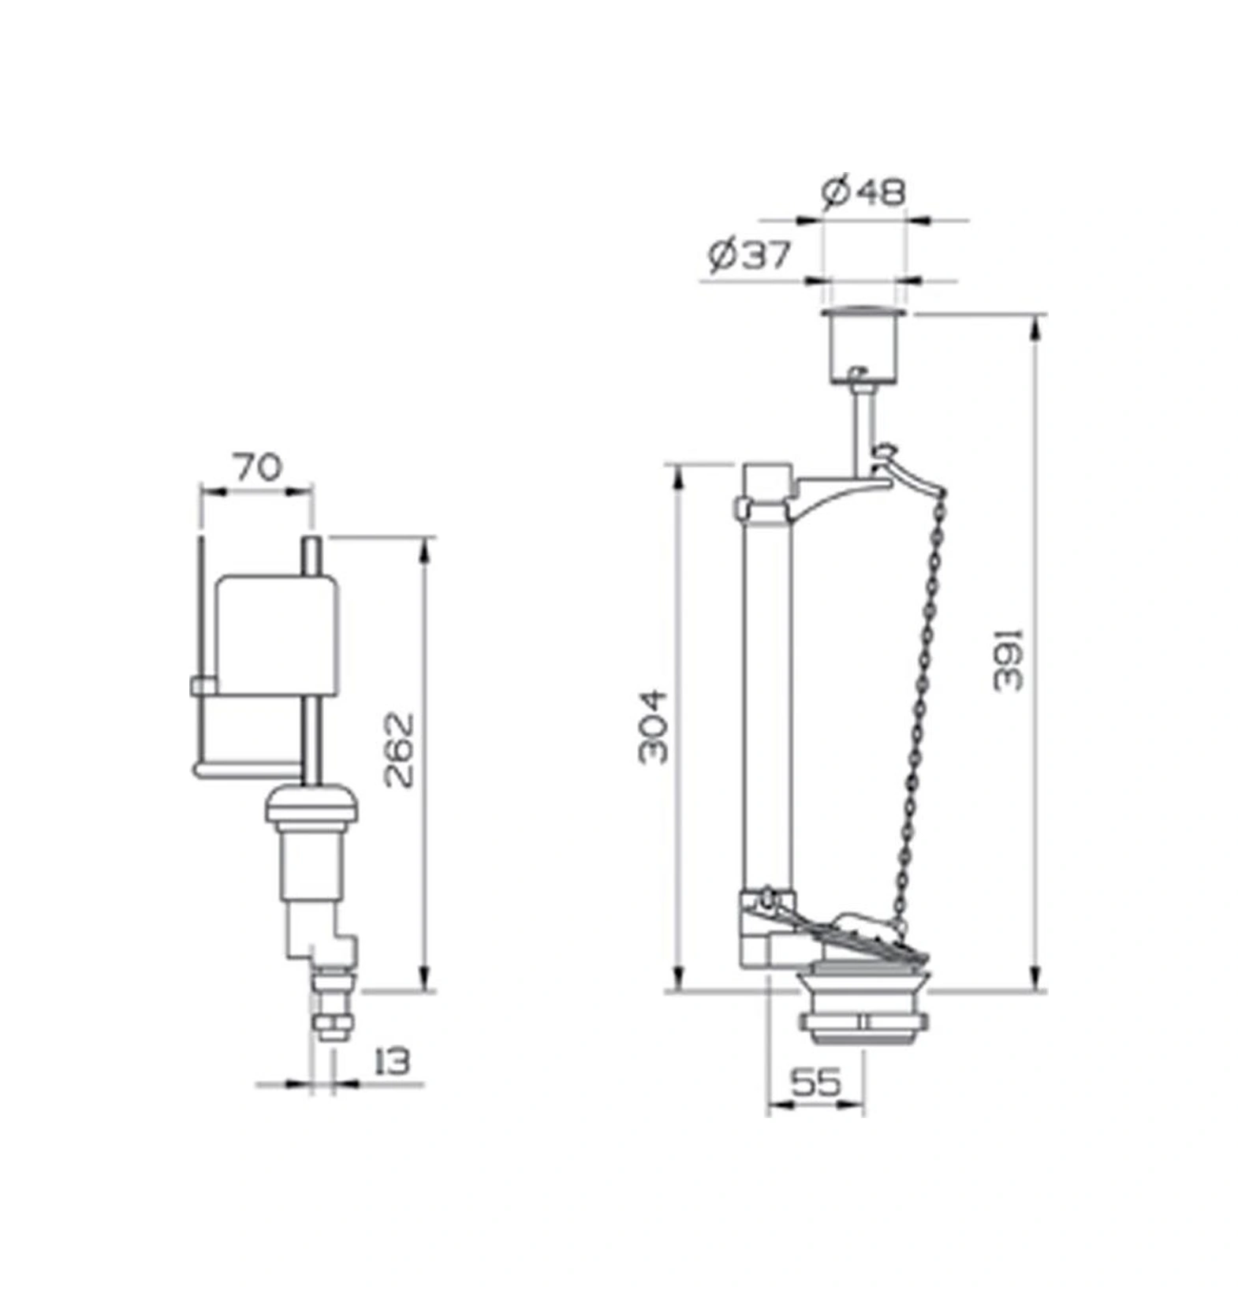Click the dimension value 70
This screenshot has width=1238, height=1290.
click(x=257, y=468)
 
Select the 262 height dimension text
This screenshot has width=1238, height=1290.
click(x=399, y=750)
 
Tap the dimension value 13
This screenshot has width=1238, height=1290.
click(x=392, y=1061)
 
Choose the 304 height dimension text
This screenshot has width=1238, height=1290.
click(x=654, y=727)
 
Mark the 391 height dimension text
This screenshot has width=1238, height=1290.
click(x=1007, y=660)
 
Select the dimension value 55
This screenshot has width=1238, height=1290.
click(x=815, y=1083)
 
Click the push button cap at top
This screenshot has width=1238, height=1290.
click(x=866, y=345)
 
